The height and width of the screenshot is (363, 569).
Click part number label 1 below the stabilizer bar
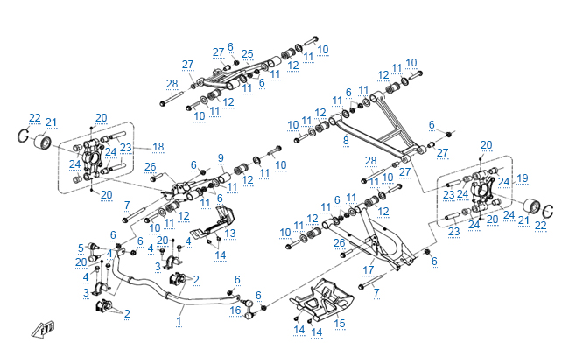[x=179, y=320]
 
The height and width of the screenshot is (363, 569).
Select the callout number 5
[x=81, y=247]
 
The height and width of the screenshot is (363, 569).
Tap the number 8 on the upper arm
[x=346, y=139]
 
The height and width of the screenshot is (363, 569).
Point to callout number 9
[x=221, y=158]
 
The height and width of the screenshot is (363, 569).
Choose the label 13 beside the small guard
[x=230, y=234]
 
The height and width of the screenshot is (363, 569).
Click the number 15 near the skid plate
[x=340, y=323]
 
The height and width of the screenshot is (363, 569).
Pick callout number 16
[x=235, y=310]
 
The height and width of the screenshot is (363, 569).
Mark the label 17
[x=369, y=269]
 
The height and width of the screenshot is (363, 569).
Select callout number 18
[x=158, y=147]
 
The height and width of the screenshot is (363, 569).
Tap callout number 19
[x=523, y=178]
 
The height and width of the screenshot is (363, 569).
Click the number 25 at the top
[x=248, y=53]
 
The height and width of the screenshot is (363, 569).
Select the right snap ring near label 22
[x=549, y=210]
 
